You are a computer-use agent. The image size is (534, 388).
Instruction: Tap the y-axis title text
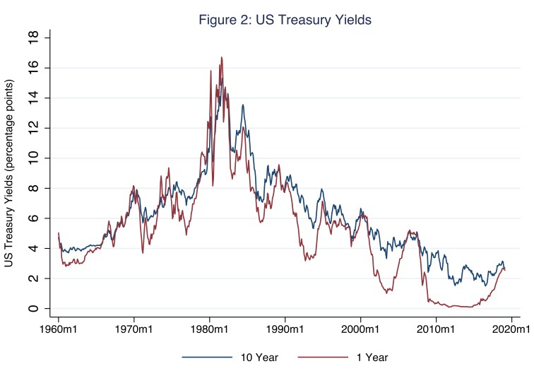click(10, 173)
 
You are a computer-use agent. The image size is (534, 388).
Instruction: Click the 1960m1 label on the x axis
click(58, 329)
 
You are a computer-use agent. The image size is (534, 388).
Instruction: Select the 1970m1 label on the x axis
click(133, 329)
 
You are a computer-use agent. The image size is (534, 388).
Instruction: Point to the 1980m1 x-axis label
click(209, 329)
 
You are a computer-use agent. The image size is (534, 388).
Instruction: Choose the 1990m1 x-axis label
click(285, 329)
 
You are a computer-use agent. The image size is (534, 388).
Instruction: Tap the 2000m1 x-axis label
click(360, 329)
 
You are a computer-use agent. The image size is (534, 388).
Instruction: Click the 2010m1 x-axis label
click(436, 329)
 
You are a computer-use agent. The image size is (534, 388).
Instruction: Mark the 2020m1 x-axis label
click(511, 329)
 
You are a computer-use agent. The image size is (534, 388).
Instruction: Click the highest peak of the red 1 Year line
click(221, 58)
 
